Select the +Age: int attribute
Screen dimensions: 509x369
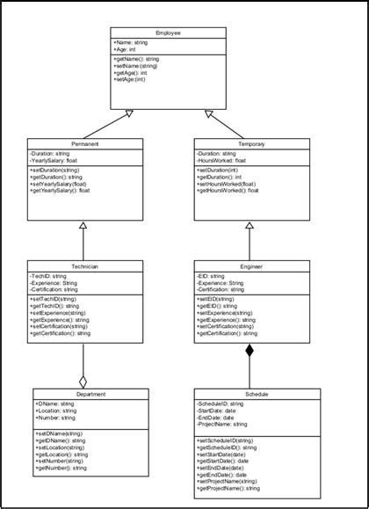point(124,50)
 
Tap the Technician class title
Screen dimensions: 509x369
point(83,265)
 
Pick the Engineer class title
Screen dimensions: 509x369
point(250,265)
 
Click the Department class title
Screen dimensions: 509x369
point(83,394)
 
